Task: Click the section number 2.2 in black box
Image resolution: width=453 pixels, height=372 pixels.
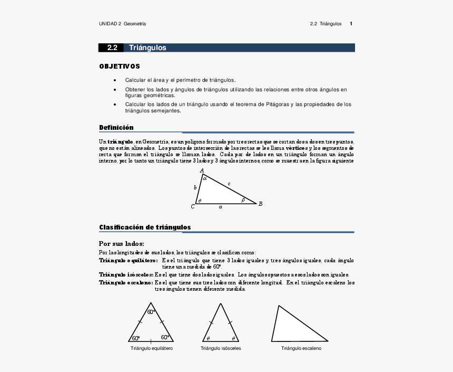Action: point(112,47)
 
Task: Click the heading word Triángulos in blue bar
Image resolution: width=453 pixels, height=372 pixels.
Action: point(147,47)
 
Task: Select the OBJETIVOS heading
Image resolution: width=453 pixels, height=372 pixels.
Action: point(120,66)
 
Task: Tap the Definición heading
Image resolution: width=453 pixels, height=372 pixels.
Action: point(116,128)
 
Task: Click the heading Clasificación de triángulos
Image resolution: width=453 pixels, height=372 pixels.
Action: point(145,227)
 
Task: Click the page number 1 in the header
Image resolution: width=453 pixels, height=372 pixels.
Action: point(351,24)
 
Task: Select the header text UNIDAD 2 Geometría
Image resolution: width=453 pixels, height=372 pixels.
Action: point(122,24)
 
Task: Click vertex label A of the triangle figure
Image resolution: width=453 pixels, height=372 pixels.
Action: point(202,170)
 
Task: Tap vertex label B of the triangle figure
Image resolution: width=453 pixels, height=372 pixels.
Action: point(260,204)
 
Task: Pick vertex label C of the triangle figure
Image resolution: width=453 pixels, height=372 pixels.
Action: point(193,206)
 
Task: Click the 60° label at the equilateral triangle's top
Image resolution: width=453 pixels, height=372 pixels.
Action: point(151,312)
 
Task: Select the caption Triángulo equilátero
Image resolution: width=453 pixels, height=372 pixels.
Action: point(152,348)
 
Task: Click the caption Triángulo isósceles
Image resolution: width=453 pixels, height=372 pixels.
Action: point(221,348)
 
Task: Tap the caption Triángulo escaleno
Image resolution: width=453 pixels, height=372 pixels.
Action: point(301,348)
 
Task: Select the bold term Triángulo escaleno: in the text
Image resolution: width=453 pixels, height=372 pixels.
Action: point(126,283)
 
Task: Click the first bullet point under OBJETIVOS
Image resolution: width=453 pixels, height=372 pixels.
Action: point(115,80)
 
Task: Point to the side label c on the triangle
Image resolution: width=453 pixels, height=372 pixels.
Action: point(229,184)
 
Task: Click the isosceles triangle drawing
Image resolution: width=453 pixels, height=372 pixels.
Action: point(220,327)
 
